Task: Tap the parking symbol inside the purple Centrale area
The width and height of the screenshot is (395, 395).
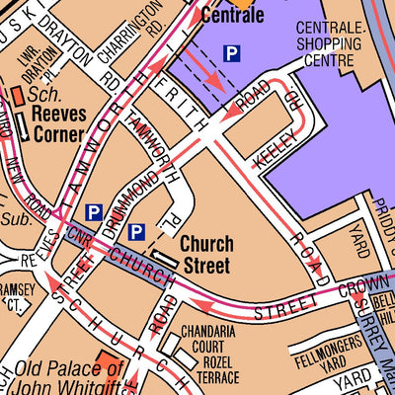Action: tap(231, 53)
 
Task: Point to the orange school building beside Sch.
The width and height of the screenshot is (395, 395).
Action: tap(17, 96)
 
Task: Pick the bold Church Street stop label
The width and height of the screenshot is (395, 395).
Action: tap(205, 255)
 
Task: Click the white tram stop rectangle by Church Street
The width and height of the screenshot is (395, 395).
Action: tap(167, 258)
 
